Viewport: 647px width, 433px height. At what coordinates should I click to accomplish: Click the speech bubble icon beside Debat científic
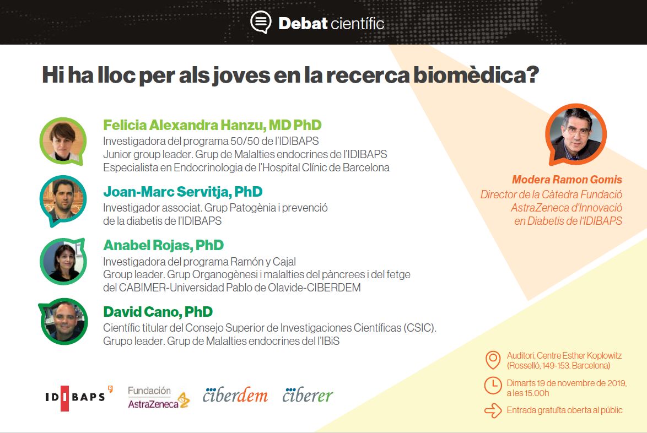pyautogui.click(x=261, y=22)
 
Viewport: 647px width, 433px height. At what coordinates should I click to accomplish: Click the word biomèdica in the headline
pyautogui.click(x=476, y=75)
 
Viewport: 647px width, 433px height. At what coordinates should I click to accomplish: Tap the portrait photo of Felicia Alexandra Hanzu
pyautogui.click(x=63, y=142)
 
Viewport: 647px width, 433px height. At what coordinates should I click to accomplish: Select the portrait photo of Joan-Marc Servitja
pyautogui.click(x=63, y=201)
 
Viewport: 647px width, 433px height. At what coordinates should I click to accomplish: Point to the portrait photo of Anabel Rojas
pyautogui.click(x=63, y=262)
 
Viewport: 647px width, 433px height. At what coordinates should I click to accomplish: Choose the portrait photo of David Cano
pyautogui.click(x=63, y=321)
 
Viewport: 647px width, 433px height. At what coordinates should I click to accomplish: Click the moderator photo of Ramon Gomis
pyautogui.click(x=575, y=134)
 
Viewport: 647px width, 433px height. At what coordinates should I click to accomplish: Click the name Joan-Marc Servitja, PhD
pyautogui.click(x=183, y=192)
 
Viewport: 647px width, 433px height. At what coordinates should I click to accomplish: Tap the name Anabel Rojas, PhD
pyautogui.click(x=163, y=245)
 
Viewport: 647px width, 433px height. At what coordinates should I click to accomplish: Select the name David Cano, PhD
pyautogui.click(x=158, y=312)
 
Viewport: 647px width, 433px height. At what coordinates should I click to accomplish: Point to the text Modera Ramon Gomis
pyautogui.click(x=567, y=180)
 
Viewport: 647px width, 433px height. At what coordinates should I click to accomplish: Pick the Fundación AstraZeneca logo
pyautogui.click(x=159, y=398)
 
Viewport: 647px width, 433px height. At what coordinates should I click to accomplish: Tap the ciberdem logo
pyautogui.click(x=235, y=395)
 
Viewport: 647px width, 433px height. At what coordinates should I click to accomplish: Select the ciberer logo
pyautogui.click(x=308, y=395)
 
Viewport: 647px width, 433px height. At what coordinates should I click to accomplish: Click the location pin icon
pyautogui.click(x=493, y=360)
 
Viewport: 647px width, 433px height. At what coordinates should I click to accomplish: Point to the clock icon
pyautogui.click(x=493, y=386)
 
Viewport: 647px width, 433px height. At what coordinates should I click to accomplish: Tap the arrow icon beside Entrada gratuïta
pyautogui.click(x=493, y=411)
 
